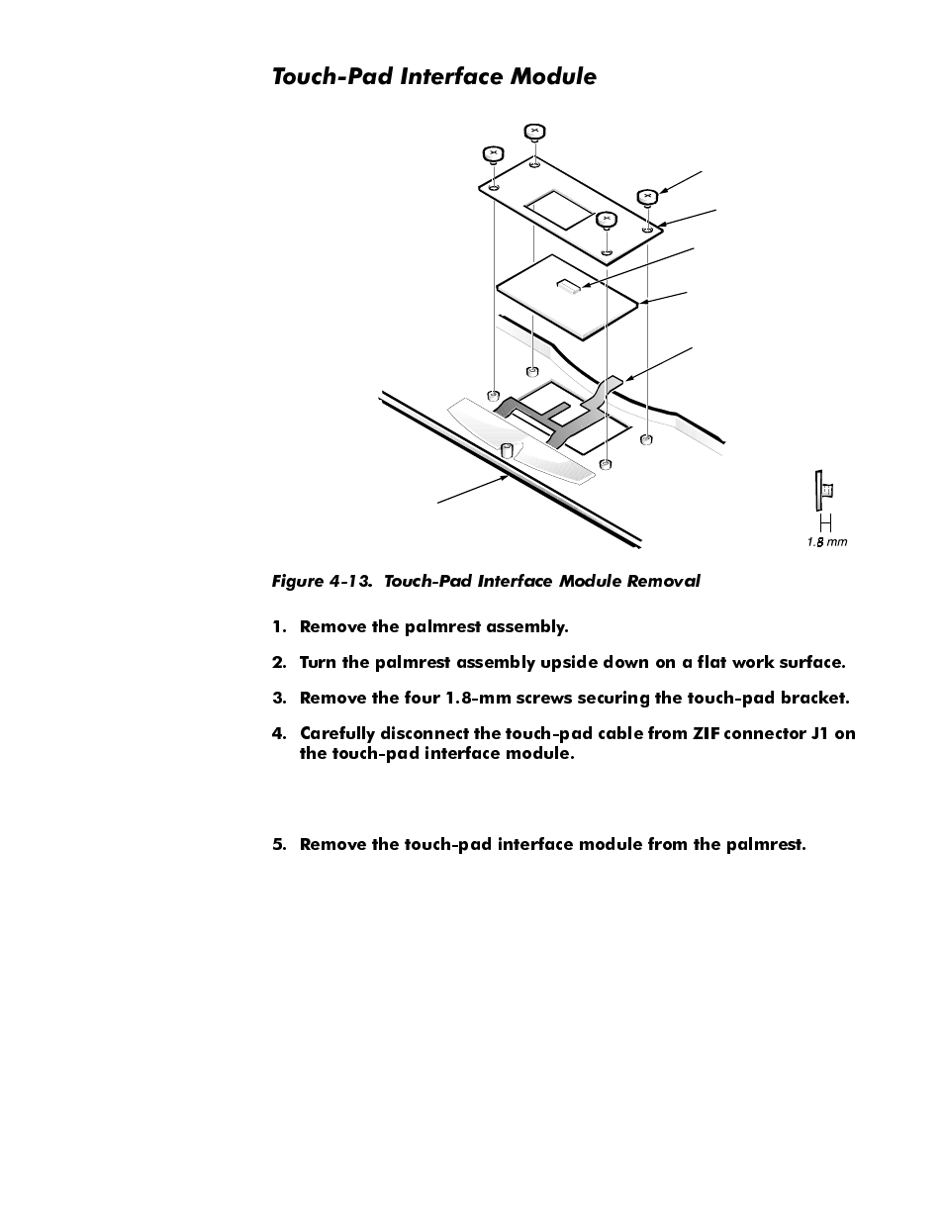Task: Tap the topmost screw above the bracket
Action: point(534,131)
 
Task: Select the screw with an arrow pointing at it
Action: point(647,196)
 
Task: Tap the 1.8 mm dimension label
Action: point(826,541)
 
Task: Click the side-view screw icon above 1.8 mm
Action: point(823,489)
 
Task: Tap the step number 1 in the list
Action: point(278,626)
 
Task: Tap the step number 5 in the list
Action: point(278,844)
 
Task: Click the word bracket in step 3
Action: point(813,698)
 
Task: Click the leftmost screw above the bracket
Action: point(493,154)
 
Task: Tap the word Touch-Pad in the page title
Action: point(333,76)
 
